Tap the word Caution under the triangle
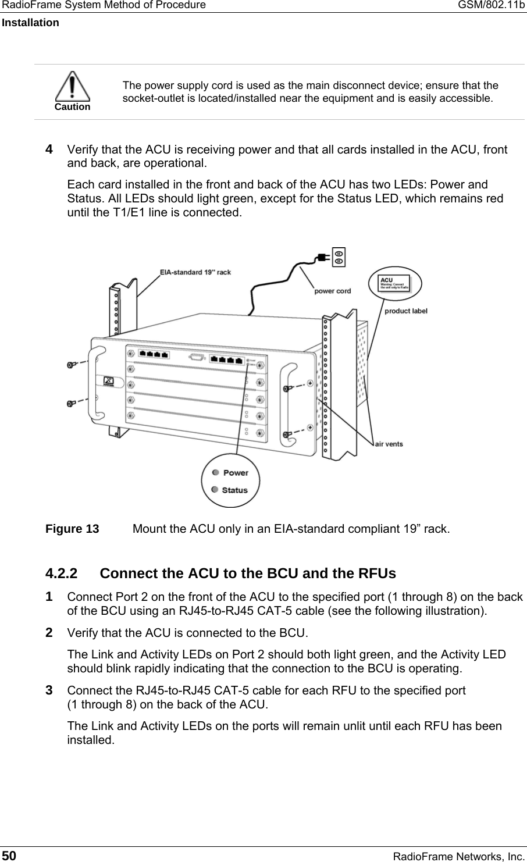[73, 106]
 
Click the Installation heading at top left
[30, 23]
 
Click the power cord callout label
[333, 291]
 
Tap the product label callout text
[406, 311]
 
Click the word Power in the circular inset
[236, 472]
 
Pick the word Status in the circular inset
[235, 490]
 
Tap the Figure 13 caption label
[72, 529]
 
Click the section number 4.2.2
[62, 574]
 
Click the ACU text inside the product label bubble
[386, 280]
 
